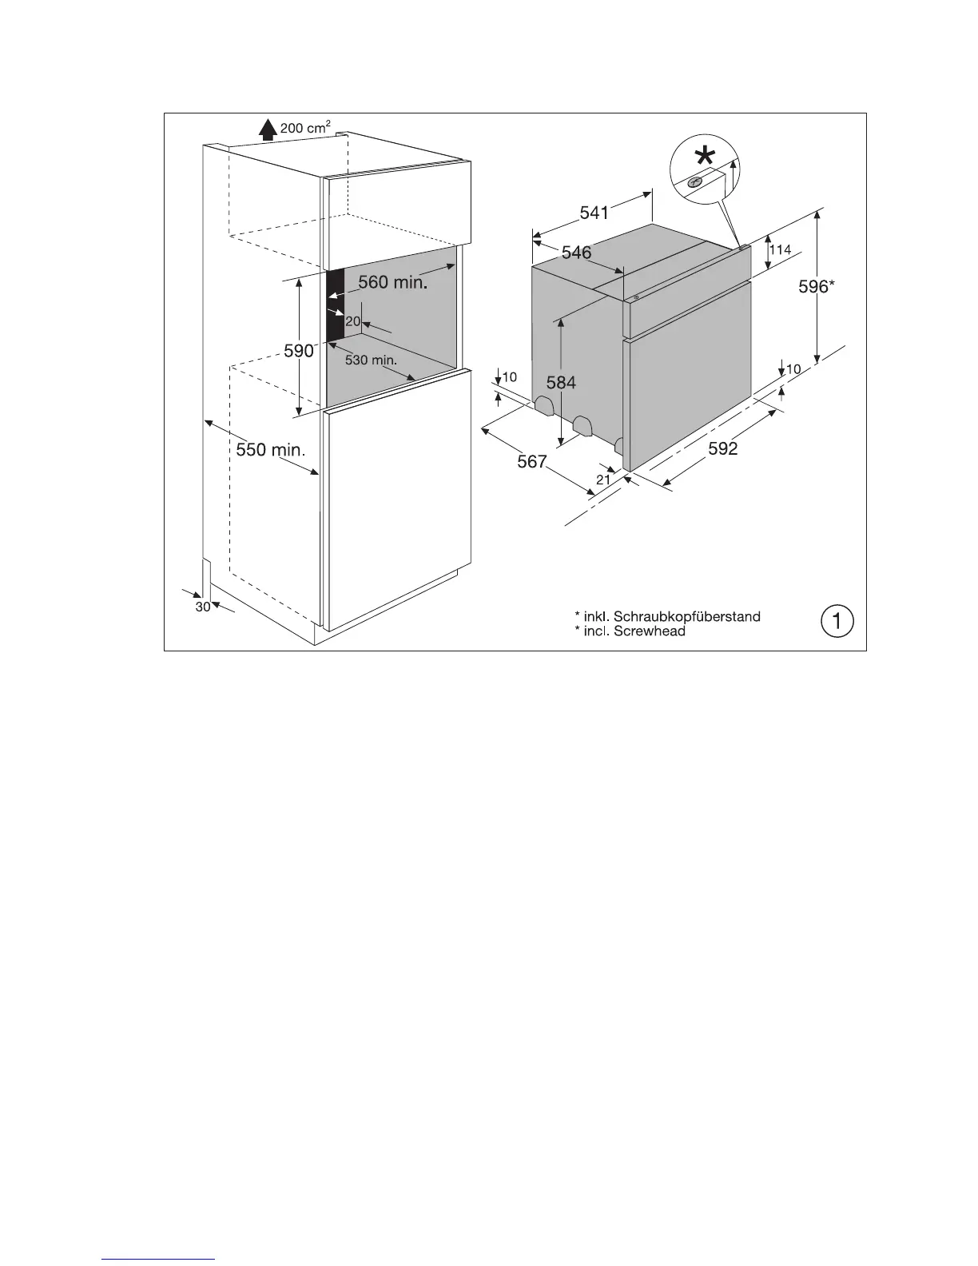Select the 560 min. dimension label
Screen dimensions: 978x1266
pyautogui.click(x=392, y=282)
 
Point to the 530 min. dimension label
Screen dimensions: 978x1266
pyautogui.click(x=371, y=360)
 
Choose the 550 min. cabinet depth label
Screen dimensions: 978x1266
pyautogui.click(x=270, y=450)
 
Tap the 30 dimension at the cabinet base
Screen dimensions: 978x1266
pyautogui.click(x=203, y=607)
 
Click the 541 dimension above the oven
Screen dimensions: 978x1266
pyautogui.click(x=594, y=213)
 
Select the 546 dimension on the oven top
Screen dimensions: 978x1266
pyautogui.click(x=576, y=253)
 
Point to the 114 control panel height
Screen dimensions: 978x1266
pyautogui.click(x=780, y=250)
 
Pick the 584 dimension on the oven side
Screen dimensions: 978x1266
pyautogui.click(x=561, y=383)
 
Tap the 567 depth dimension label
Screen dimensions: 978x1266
pyautogui.click(x=531, y=461)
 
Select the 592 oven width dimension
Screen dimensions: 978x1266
pyautogui.click(x=723, y=449)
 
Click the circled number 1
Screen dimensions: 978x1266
pyautogui.click(x=837, y=621)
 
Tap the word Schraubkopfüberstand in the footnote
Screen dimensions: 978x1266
pyautogui.click(x=686, y=616)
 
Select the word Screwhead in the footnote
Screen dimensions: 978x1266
pyautogui.click(x=650, y=631)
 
